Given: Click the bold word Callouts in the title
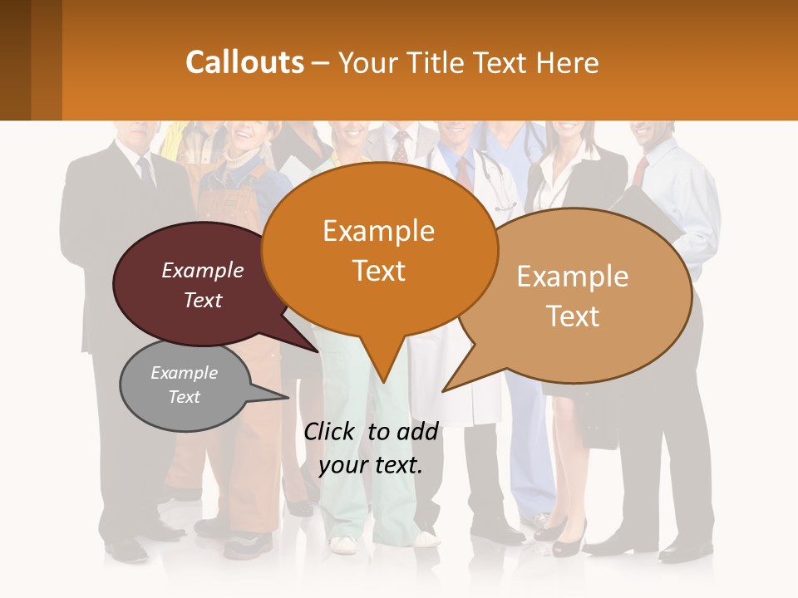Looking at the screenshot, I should pyautogui.click(x=244, y=62).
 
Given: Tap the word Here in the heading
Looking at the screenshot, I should pyautogui.click(x=568, y=62).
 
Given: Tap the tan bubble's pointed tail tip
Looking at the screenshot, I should pyautogui.click(x=445, y=390).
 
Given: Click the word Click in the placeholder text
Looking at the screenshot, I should pyautogui.click(x=329, y=431).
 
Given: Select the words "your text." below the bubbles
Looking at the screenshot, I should pyautogui.click(x=371, y=465).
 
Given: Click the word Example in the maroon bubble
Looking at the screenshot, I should pyautogui.click(x=202, y=270).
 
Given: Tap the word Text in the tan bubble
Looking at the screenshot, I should pyautogui.click(x=573, y=316).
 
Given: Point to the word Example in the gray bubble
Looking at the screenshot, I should pyautogui.click(x=184, y=373).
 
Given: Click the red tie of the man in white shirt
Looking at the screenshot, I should pyautogui.click(x=639, y=170).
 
